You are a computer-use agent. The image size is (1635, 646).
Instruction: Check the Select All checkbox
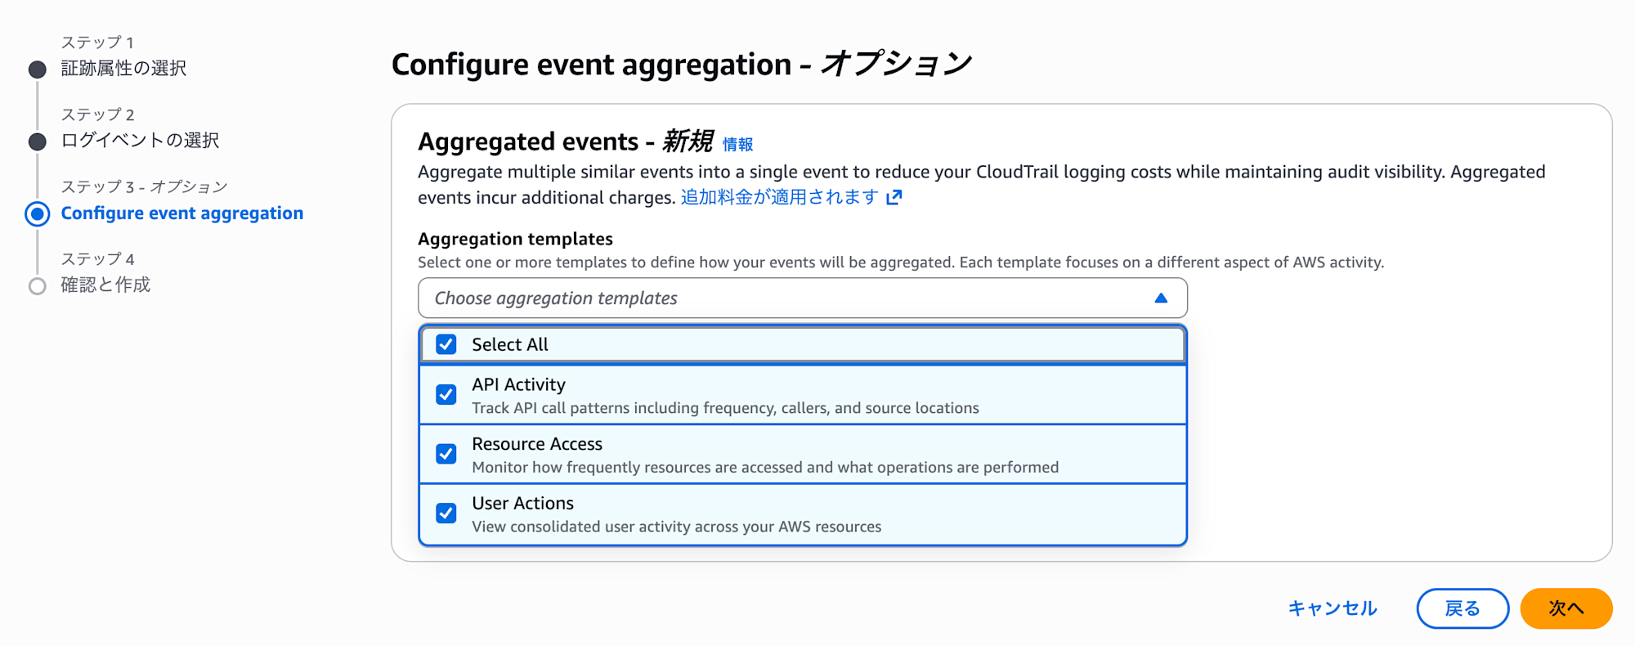(446, 344)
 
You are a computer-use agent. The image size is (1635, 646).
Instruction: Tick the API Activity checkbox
(446, 395)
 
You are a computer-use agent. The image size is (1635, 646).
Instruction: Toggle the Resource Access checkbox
(446, 454)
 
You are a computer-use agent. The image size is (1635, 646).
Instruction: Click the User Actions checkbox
(446, 514)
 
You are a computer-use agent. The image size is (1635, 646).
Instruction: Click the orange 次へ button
(1566, 608)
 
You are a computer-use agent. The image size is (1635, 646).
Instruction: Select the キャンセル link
(1333, 608)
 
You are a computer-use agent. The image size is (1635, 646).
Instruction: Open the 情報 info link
(737, 145)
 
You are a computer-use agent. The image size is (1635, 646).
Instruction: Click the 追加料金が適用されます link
(779, 197)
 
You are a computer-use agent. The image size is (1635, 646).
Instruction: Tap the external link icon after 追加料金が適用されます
(894, 197)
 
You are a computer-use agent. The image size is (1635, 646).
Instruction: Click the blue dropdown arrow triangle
(1161, 298)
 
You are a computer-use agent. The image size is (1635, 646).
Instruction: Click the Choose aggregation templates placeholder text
(556, 298)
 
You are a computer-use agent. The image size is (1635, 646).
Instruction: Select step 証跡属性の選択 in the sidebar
(123, 69)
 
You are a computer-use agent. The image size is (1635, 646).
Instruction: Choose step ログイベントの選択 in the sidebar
(140, 141)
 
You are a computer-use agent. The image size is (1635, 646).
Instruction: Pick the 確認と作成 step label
(105, 285)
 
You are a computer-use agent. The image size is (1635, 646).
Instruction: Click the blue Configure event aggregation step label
(181, 213)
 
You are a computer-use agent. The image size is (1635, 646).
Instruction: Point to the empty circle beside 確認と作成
(38, 286)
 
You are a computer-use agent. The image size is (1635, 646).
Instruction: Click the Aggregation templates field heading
(515, 239)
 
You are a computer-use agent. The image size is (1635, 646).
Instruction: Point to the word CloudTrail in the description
(1017, 172)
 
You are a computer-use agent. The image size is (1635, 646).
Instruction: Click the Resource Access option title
(537, 444)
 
